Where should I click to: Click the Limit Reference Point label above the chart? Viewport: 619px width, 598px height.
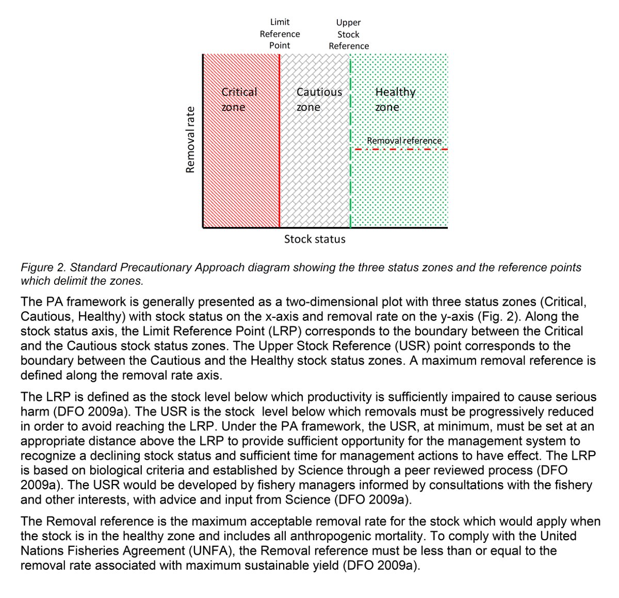point(280,34)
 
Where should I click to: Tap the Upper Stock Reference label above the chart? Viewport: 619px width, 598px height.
point(349,34)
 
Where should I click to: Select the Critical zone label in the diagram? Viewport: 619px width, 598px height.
point(238,99)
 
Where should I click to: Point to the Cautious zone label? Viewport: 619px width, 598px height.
point(318,99)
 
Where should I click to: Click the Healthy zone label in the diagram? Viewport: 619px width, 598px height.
point(395,99)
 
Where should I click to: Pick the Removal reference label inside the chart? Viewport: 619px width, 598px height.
point(404,140)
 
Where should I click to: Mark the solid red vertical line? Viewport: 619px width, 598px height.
point(280,170)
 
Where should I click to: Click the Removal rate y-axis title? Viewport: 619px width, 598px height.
point(190,139)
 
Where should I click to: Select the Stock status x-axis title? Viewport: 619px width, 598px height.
point(315,239)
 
